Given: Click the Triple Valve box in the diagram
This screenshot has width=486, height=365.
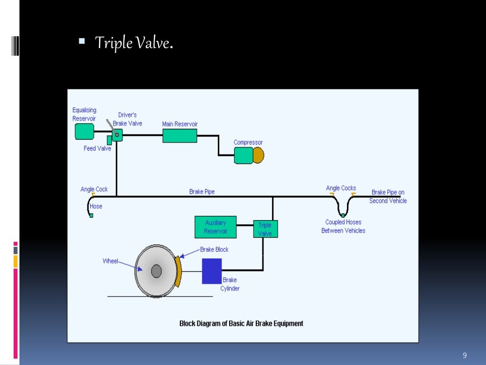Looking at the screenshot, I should pos(265,229).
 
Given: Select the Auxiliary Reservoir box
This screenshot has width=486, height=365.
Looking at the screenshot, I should pos(215,227).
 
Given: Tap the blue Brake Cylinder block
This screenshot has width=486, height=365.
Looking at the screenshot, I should pos(212,271).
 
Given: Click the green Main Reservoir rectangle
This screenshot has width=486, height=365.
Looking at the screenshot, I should pos(180,135).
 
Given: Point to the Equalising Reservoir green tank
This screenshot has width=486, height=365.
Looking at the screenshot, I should pos(84,131).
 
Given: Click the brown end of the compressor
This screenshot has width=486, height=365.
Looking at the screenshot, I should pos(258,155).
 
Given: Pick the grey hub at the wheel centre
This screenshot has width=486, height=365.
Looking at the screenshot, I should pos(156,271).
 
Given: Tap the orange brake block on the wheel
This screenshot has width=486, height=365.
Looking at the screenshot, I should pos(178,271).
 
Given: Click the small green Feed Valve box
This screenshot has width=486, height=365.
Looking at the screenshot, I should pos(109,140).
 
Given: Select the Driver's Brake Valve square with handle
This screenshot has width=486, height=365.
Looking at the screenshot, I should pos(117,135).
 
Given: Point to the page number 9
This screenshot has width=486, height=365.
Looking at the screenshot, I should pos(465,356).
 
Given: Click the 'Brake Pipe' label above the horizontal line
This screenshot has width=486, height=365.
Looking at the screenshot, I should pos(202,192).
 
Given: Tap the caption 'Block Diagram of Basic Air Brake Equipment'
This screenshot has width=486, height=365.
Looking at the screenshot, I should pos(241,324).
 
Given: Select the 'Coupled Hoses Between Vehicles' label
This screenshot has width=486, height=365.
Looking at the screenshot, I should pos(343,226).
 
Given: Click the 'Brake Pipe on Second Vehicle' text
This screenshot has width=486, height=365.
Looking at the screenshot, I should pos(388,196).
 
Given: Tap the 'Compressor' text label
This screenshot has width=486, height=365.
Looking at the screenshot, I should pos(248,143).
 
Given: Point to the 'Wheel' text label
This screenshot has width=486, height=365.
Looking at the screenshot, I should pos(110,261).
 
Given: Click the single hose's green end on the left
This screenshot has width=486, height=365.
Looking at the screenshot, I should pos(91,215).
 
